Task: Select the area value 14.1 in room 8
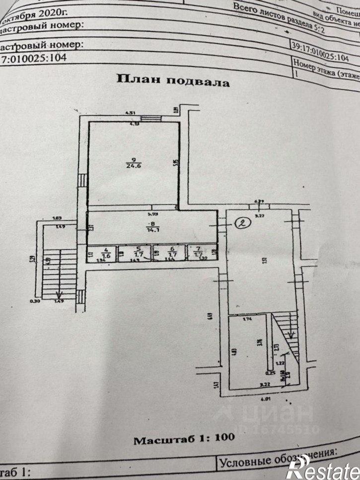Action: click(x=149, y=229)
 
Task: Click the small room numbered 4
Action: click(x=104, y=253)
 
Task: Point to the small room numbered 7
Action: click(x=200, y=253)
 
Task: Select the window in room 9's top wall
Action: click(x=148, y=119)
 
